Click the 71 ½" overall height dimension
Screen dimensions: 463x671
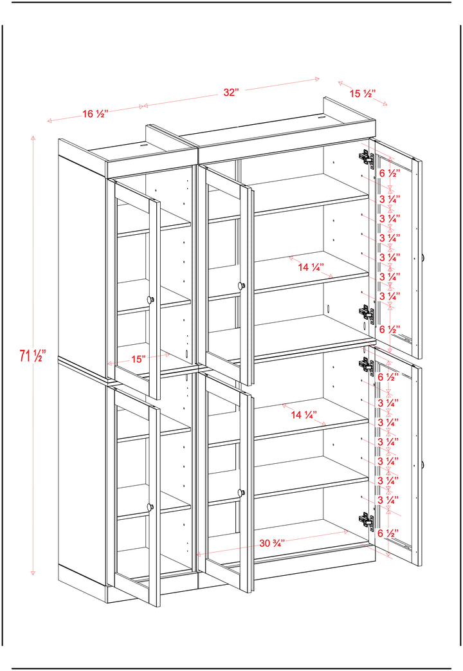point(32,356)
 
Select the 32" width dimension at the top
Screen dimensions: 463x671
point(231,93)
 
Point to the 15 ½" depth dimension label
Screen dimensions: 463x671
point(363,93)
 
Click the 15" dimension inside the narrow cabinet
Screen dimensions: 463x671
point(138,359)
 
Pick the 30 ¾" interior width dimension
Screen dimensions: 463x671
point(272,543)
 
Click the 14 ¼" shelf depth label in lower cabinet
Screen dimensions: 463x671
point(304,415)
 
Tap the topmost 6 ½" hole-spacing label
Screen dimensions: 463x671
point(390,173)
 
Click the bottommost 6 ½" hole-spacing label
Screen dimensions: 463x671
point(388,533)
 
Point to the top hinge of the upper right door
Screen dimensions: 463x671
point(367,157)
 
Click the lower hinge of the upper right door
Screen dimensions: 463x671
point(367,313)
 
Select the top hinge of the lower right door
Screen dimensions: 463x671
point(367,365)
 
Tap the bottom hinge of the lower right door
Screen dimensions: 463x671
point(367,520)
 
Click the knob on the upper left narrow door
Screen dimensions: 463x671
point(150,300)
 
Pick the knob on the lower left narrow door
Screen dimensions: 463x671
point(150,507)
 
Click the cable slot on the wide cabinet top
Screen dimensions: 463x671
point(322,116)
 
